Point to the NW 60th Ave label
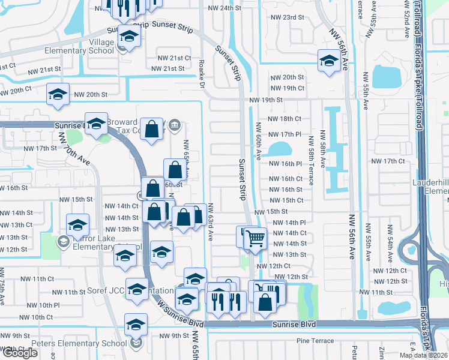pyautogui.click(x=258, y=142)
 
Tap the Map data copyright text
pyautogui.click(x=424, y=355)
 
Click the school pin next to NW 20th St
pyautogui.click(x=58, y=95)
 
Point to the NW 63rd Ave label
pyautogui.click(x=211, y=223)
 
